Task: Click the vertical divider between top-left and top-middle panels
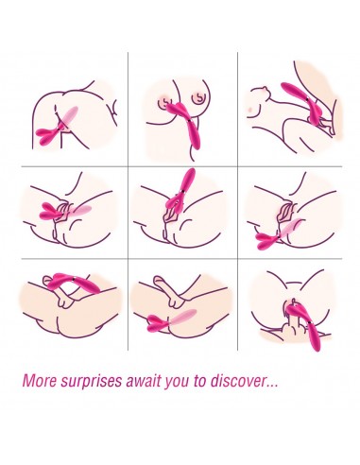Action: pyautogui.click(x=128, y=109)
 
